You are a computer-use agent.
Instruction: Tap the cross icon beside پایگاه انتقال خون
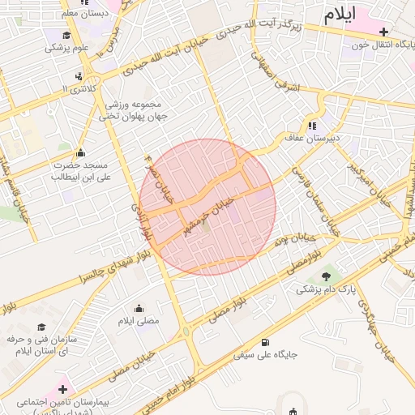click(x=383, y=31)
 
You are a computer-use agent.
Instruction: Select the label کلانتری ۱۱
click(x=78, y=87)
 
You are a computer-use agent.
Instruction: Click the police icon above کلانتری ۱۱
click(x=78, y=75)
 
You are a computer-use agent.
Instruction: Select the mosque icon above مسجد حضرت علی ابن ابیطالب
click(x=80, y=152)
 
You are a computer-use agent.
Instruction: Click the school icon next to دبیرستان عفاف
click(x=312, y=126)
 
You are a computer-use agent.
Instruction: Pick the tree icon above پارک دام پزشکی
click(x=326, y=276)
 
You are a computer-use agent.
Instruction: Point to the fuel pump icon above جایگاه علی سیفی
click(x=266, y=342)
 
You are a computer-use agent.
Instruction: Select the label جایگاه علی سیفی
click(x=266, y=354)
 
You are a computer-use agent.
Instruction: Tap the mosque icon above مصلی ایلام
click(x=139, y=309)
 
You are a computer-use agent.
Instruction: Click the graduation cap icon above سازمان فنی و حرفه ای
click(x=41, y=327)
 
